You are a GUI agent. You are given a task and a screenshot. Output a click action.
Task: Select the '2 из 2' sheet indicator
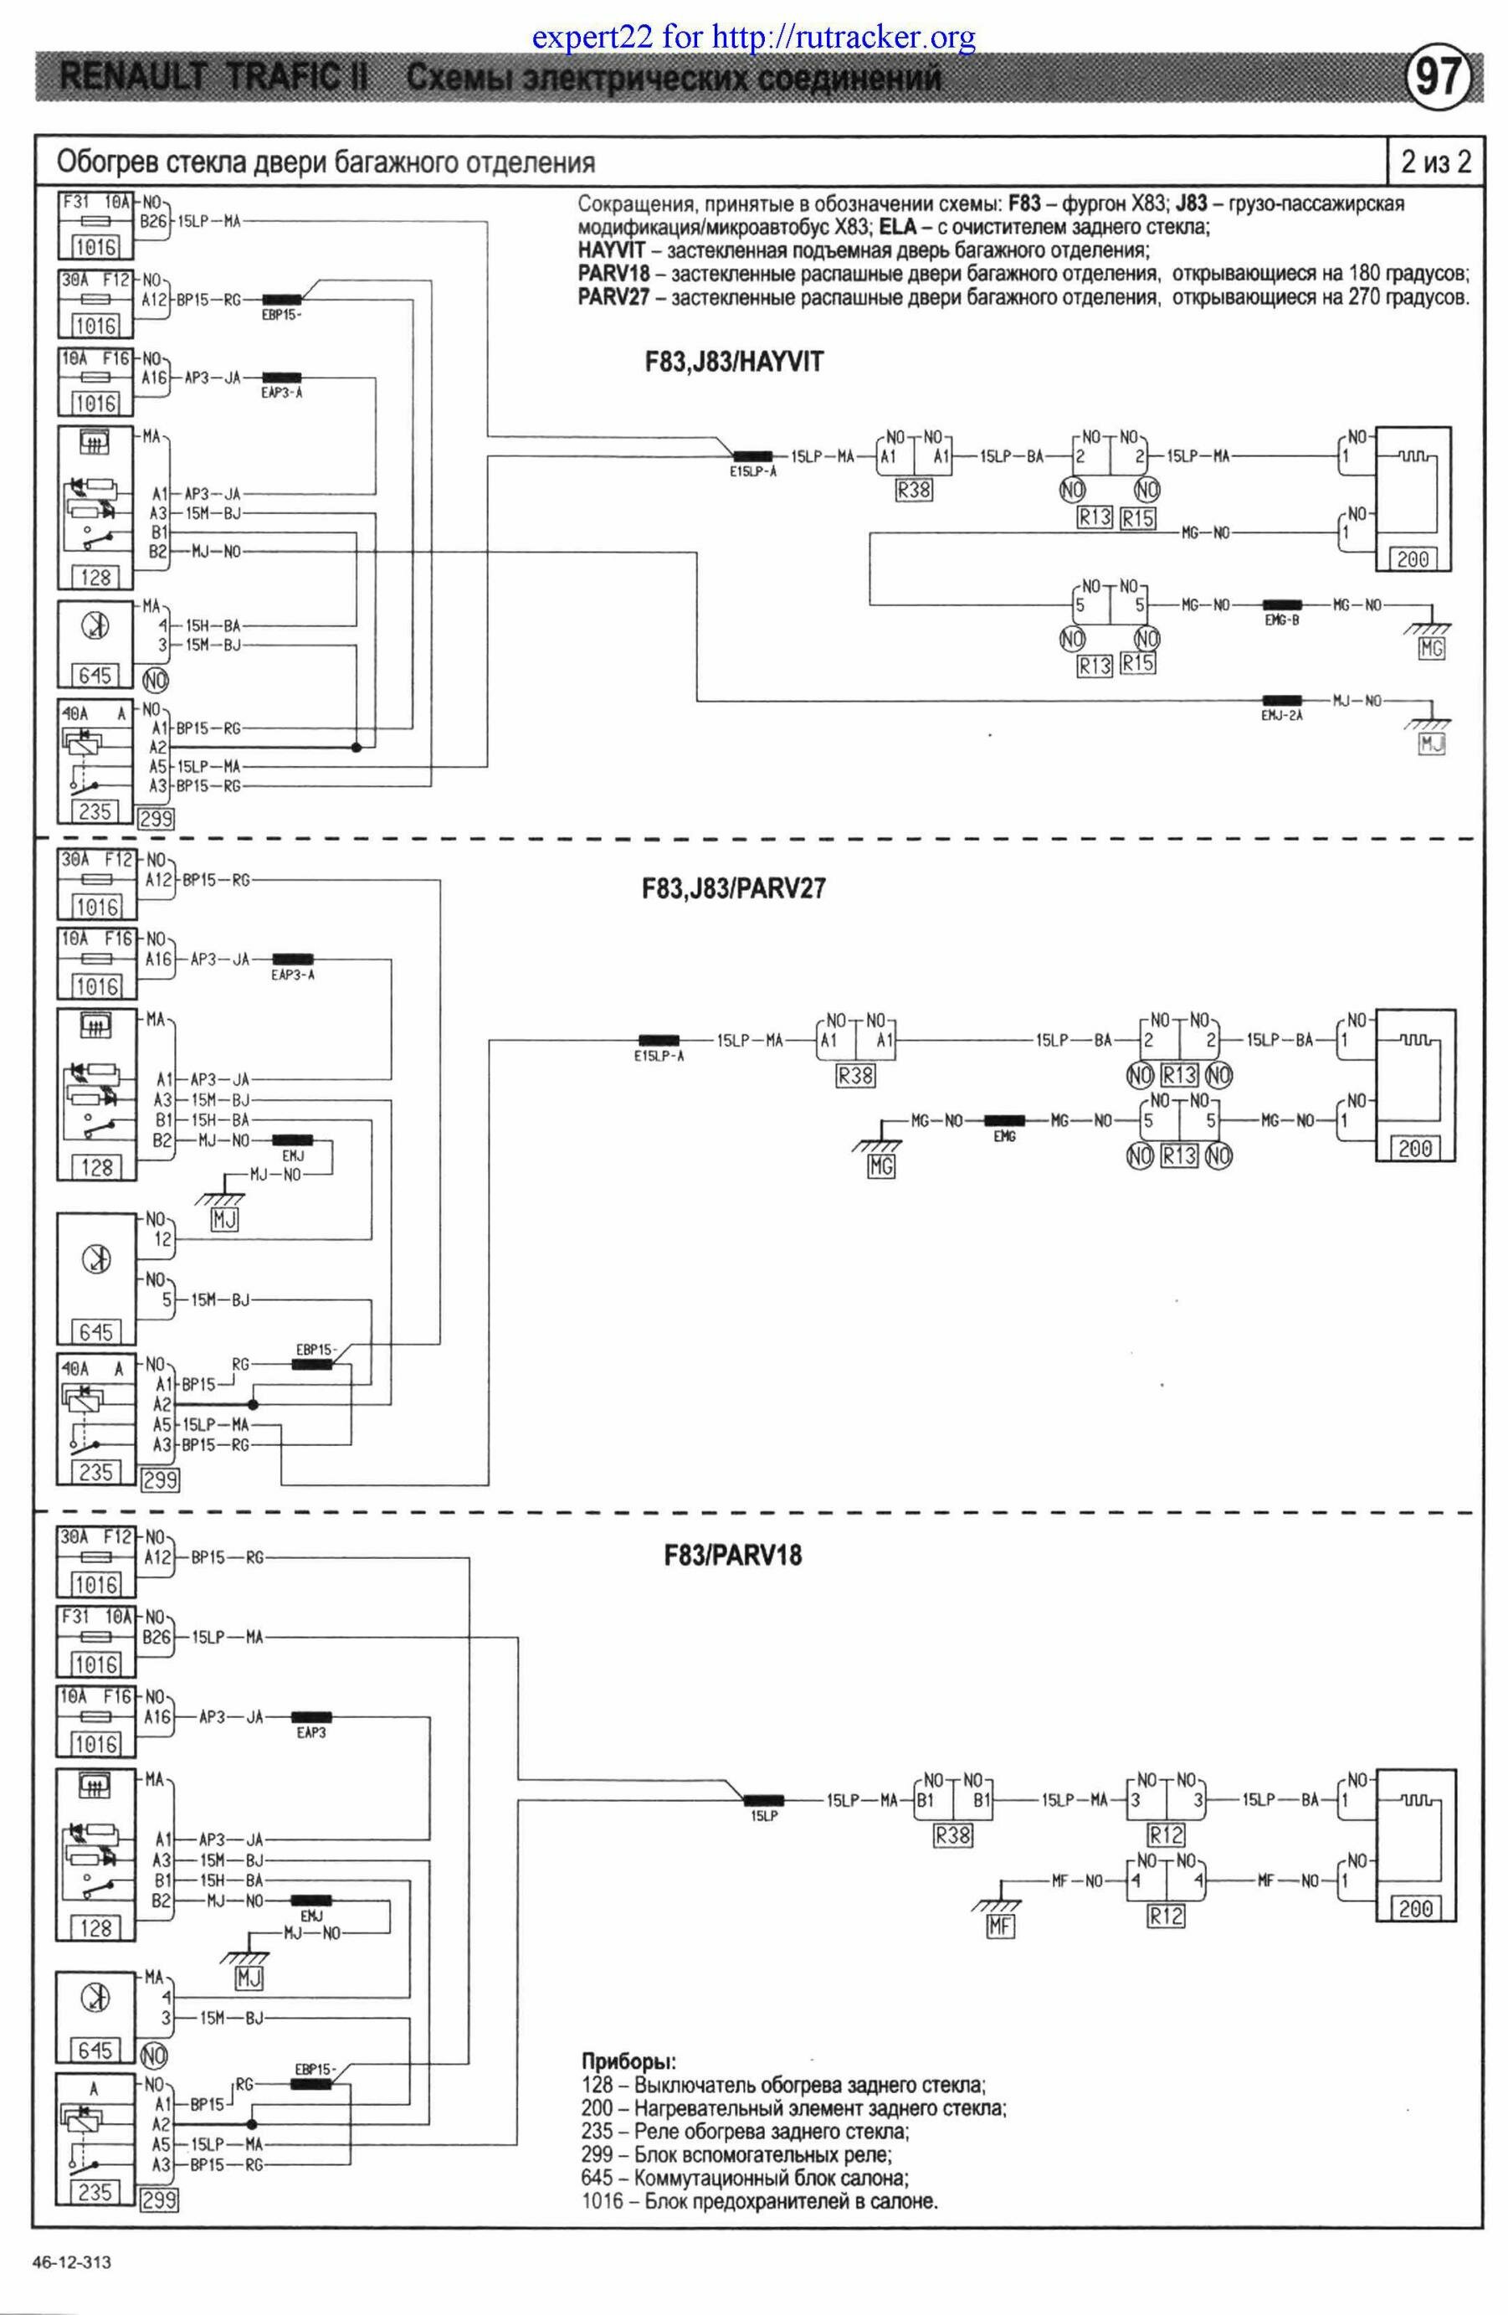tap(1435, 162)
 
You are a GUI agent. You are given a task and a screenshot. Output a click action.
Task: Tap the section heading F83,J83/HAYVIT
tap(733, 363)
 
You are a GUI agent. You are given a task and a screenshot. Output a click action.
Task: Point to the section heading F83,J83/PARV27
tap(733, 888)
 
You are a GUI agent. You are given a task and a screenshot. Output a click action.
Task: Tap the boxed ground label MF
tap(999, 1925)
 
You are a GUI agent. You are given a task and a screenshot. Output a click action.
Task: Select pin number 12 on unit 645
tap(162, 1239)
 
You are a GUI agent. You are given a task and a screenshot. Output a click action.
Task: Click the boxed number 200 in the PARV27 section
tap(1414, 1148)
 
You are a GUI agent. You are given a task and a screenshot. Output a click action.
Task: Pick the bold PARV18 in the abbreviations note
tap(613, 273)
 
